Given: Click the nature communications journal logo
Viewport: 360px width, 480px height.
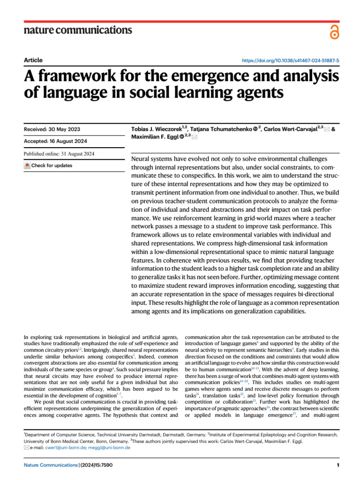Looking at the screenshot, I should point(77,30).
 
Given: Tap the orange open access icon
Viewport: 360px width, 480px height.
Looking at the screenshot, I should point(333,32).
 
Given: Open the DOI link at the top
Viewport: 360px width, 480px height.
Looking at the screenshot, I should point(291,61).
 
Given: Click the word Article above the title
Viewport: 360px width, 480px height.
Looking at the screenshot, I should point(33,60).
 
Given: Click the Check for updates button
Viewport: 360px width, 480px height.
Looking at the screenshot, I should point(48,165).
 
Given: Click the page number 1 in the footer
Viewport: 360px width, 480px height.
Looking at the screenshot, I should point(337,465).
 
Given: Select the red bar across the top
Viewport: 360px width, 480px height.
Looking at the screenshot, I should point(180,22).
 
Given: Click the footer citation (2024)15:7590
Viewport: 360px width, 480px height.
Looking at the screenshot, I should point(96,465).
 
